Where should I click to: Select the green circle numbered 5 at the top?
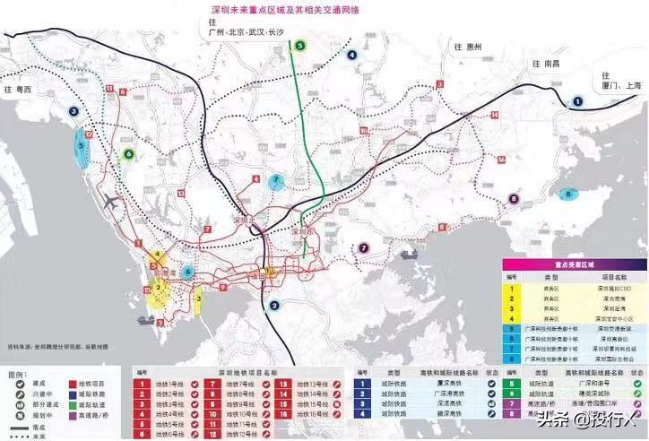[300, 45]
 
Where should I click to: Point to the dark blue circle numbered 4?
[352, 55]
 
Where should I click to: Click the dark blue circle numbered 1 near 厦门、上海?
[577, 102]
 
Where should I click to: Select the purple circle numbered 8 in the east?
[514, 199]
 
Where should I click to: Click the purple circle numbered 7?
[364, 248]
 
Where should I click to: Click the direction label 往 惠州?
[468, 47]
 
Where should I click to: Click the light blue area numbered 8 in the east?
[567, 194]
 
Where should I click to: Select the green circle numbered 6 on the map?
[129, 154]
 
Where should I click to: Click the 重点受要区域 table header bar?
[574, 265]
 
